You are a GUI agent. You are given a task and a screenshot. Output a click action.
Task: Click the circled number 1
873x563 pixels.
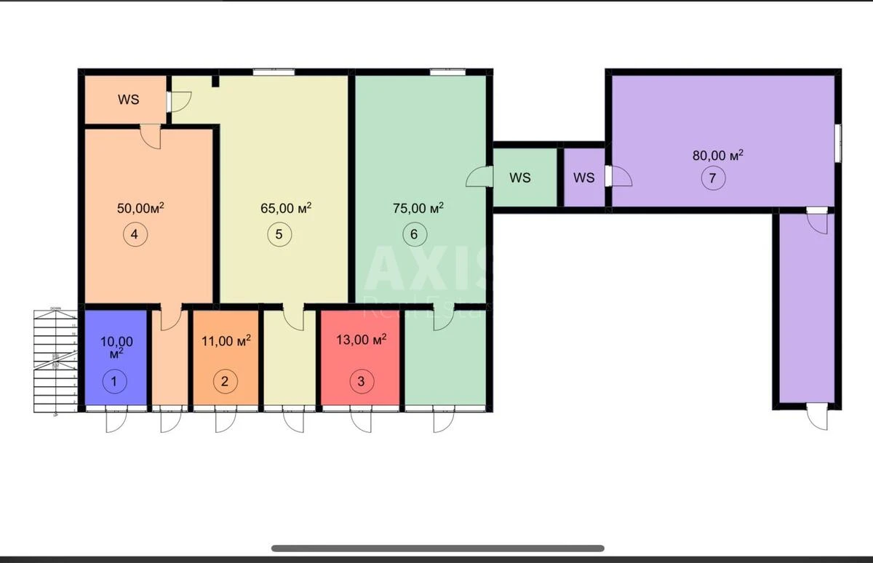113,380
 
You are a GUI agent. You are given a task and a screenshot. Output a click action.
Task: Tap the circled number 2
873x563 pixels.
225,380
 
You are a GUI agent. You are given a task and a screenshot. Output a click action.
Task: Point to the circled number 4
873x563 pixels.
135,234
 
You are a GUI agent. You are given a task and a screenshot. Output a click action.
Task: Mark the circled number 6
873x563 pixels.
414,234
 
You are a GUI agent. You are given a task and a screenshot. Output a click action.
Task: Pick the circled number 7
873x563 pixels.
713,178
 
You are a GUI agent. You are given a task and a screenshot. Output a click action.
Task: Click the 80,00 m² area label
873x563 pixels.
717,155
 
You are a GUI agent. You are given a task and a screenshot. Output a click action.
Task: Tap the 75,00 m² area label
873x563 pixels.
418,208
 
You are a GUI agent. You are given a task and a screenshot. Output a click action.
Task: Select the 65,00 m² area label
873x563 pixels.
286,208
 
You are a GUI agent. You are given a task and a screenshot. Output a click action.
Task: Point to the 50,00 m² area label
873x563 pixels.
140,208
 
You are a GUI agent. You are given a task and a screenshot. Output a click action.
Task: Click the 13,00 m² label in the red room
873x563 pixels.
361,339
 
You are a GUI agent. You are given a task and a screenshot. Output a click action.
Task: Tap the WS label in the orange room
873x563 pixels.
129,100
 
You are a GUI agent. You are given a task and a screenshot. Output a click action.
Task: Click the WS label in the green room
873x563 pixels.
520,177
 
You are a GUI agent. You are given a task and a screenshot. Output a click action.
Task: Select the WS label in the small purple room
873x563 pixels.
583,177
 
